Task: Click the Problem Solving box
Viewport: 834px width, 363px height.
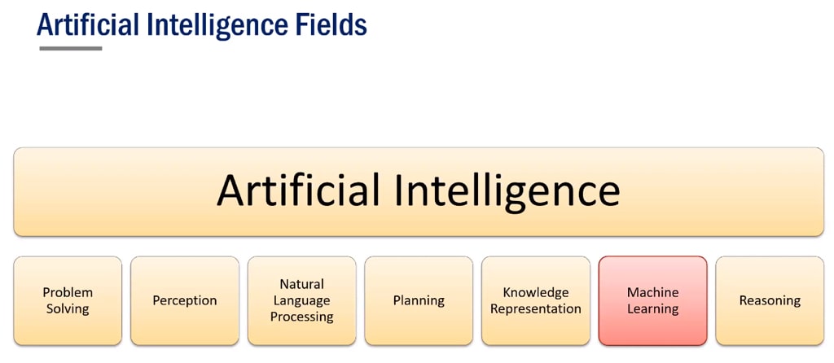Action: coord(68,301)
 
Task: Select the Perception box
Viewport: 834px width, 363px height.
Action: coord(185,301)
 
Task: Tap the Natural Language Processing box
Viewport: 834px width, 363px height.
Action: coord(301,301)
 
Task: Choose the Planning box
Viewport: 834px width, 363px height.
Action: coord(419,301)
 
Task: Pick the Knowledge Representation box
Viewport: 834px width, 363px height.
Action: coord(536,301)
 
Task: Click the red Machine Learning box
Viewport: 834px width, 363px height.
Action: coord(652,301)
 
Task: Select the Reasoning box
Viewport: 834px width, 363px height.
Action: coord(770,301)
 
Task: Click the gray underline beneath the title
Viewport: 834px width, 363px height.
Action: coord(71,48)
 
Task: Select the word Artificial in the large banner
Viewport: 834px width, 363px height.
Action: coord(298,190)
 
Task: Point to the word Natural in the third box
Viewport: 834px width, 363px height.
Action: coord(301,284)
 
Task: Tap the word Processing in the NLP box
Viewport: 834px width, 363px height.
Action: coord(301,317)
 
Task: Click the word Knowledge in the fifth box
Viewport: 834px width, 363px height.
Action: coord(536,293)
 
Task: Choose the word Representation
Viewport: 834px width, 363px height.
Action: coord(536,309)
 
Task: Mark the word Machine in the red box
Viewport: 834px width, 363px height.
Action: coord(652,292)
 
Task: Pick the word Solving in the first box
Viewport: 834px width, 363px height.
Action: coord(68,309)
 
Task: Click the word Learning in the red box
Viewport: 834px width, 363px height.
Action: coord(652,309)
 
